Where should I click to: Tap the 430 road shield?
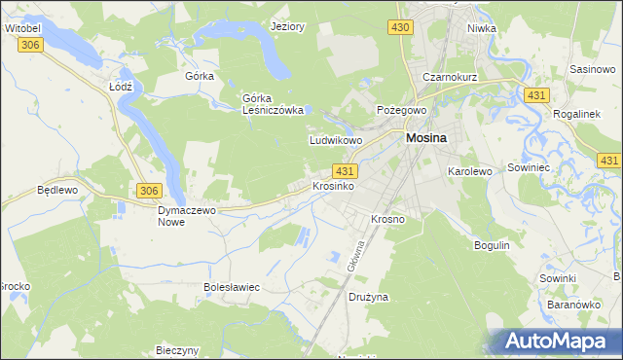click(400, 29)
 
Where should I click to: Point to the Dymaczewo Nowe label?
click(185, 215)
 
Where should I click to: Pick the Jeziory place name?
click(288, 26)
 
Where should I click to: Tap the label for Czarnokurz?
click(448, 77)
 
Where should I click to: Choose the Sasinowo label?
click(592, 71)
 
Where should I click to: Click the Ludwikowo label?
click(336, 140)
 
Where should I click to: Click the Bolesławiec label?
click(231, 287)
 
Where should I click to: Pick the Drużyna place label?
click(369, 295)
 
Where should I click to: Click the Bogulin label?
click(492, 245)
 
